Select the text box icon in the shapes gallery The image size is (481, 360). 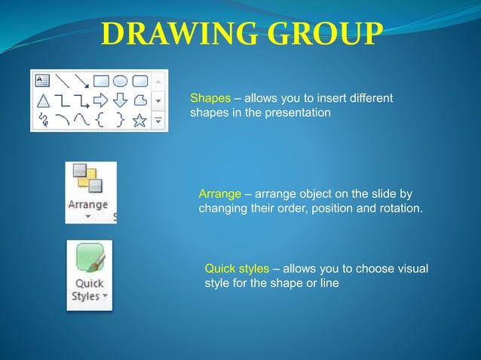click(43, 81)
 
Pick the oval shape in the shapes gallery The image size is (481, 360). click(120, 81)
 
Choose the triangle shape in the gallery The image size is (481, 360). click(43, 100)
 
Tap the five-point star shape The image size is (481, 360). click(139, 120)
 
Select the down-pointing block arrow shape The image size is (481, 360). click(120, 100)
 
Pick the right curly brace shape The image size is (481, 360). click(120, 120)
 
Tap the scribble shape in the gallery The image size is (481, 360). click(43, 120)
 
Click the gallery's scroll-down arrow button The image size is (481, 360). click(158, 99)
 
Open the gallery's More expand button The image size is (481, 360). click(158, 119)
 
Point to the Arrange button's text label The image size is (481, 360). click(88, 204)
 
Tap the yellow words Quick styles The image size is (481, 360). click(237, 269)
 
